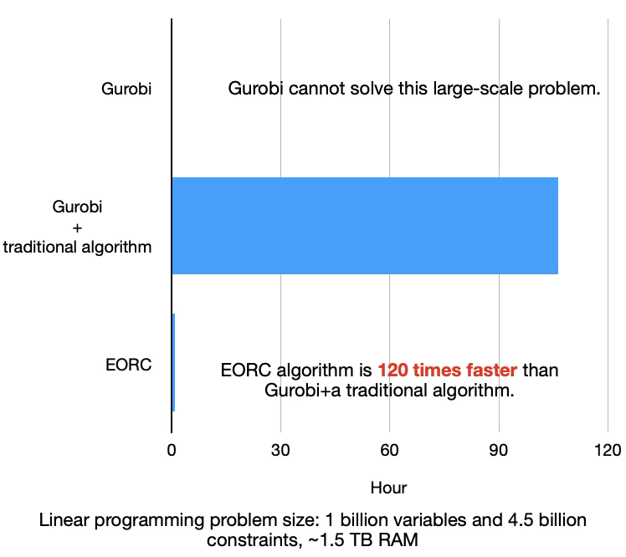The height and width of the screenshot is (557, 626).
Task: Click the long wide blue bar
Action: tap(365, 226)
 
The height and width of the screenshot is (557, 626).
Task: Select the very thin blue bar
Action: tap(173, 362)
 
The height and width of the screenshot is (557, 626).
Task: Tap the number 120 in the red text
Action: tap(393, 370)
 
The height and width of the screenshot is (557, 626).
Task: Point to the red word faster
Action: tap(490, 370)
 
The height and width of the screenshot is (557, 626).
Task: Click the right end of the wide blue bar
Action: tap(557, 226)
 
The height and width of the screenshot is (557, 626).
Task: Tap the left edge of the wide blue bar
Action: tap(173, 226)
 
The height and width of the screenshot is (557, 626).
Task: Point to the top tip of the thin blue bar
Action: tap(173, 315)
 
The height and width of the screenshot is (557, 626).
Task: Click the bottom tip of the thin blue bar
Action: tap(173, 410)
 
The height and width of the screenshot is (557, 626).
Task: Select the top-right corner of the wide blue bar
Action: tap(557, 178)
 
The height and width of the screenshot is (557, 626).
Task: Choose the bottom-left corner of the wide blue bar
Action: tap(173, 273)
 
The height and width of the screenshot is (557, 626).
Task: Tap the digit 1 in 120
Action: tap(382, 370)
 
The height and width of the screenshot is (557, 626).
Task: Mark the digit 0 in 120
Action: tap(403, 370)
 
